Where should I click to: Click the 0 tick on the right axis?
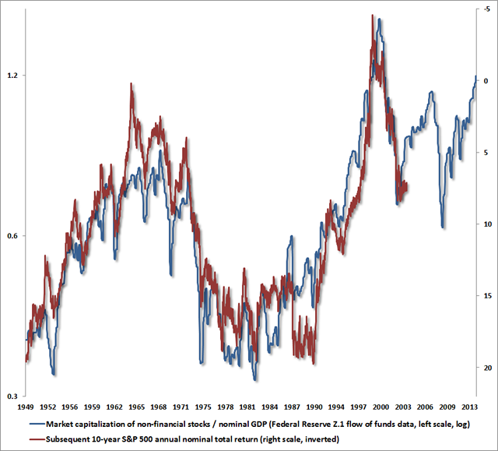(484, 81)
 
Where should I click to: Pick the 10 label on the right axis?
(483, 224)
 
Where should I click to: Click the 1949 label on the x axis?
(26, 407)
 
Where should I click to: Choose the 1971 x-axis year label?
(181, 407)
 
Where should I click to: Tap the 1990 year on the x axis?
(314, 407)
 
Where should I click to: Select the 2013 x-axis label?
(469, 407)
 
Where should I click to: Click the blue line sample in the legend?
(36, 424)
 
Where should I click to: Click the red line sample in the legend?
(36, 439)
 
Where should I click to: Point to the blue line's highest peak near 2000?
(379, 19)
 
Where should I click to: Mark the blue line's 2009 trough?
(442, 227)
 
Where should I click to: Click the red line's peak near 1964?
(132, 84)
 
